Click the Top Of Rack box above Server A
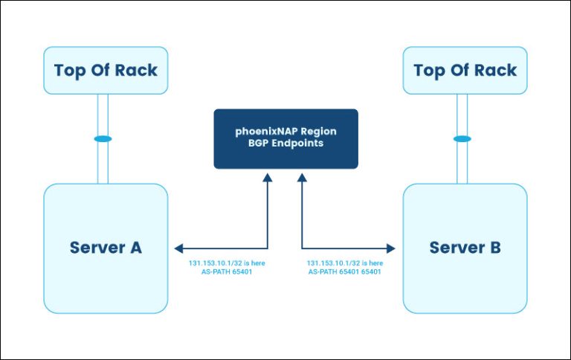point(106,71)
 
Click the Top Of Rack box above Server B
point(465,71)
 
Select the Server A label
point(106,248)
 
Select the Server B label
point(465,248)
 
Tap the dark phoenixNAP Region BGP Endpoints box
point(285,138)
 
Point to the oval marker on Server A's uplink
point(103,139)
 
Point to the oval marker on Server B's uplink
point(462,139)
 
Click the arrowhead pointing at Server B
point(393,248)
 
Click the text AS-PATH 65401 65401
point(345,272)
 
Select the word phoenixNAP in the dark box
point(262,131)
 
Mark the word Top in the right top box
point(428,71)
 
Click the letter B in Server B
point(494,248)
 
